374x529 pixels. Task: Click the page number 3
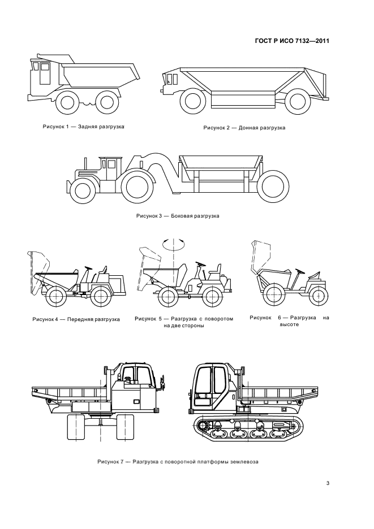pos(328,483)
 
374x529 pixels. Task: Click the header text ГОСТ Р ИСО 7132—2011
pos(292,41)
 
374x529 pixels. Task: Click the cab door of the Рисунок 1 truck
pos(45,74)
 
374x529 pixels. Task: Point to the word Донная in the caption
pos(248,128)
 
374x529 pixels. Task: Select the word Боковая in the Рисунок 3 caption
pos(180,215)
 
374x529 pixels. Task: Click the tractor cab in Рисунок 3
pos(110,168)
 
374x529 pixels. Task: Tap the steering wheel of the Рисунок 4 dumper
pos(88,268)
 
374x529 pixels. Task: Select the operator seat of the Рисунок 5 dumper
pos(215,271)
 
